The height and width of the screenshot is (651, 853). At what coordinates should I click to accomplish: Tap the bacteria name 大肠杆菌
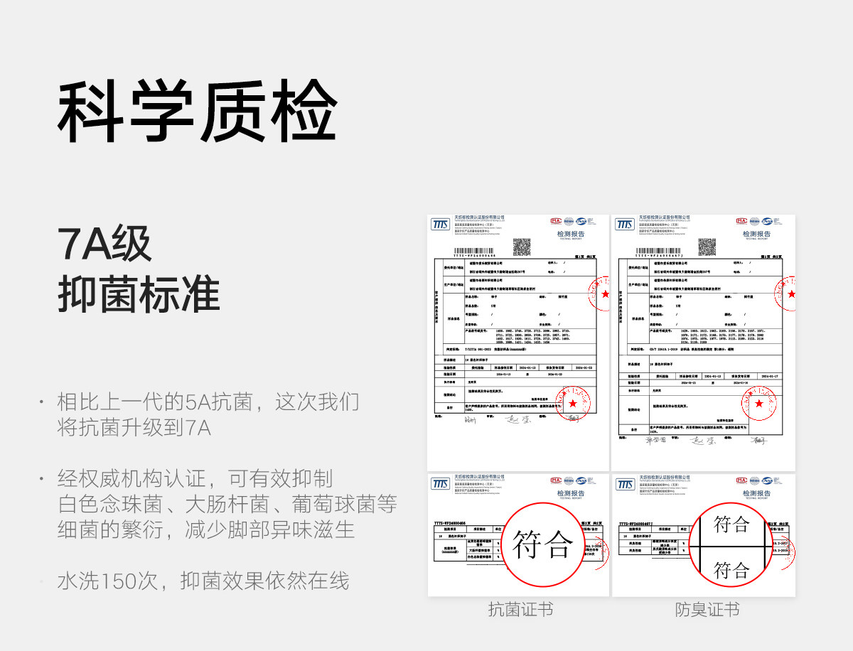pos(227,505)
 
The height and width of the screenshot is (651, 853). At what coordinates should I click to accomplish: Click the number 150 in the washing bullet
pos(124,581)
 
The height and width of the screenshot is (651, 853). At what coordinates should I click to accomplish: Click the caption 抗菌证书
pos(520,609)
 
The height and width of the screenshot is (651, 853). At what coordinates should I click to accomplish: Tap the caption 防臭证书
pos(707,609)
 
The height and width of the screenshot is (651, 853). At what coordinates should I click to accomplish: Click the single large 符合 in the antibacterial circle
pos(543,545)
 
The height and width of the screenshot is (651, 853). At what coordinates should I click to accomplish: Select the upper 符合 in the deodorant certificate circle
pos(731,524)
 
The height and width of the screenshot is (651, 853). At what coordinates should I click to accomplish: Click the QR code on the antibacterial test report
pos(522,247)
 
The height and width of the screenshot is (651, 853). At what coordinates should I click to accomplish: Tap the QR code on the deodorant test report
pos(707,247)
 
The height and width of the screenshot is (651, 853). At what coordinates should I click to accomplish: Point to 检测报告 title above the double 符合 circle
pos(756,493)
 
